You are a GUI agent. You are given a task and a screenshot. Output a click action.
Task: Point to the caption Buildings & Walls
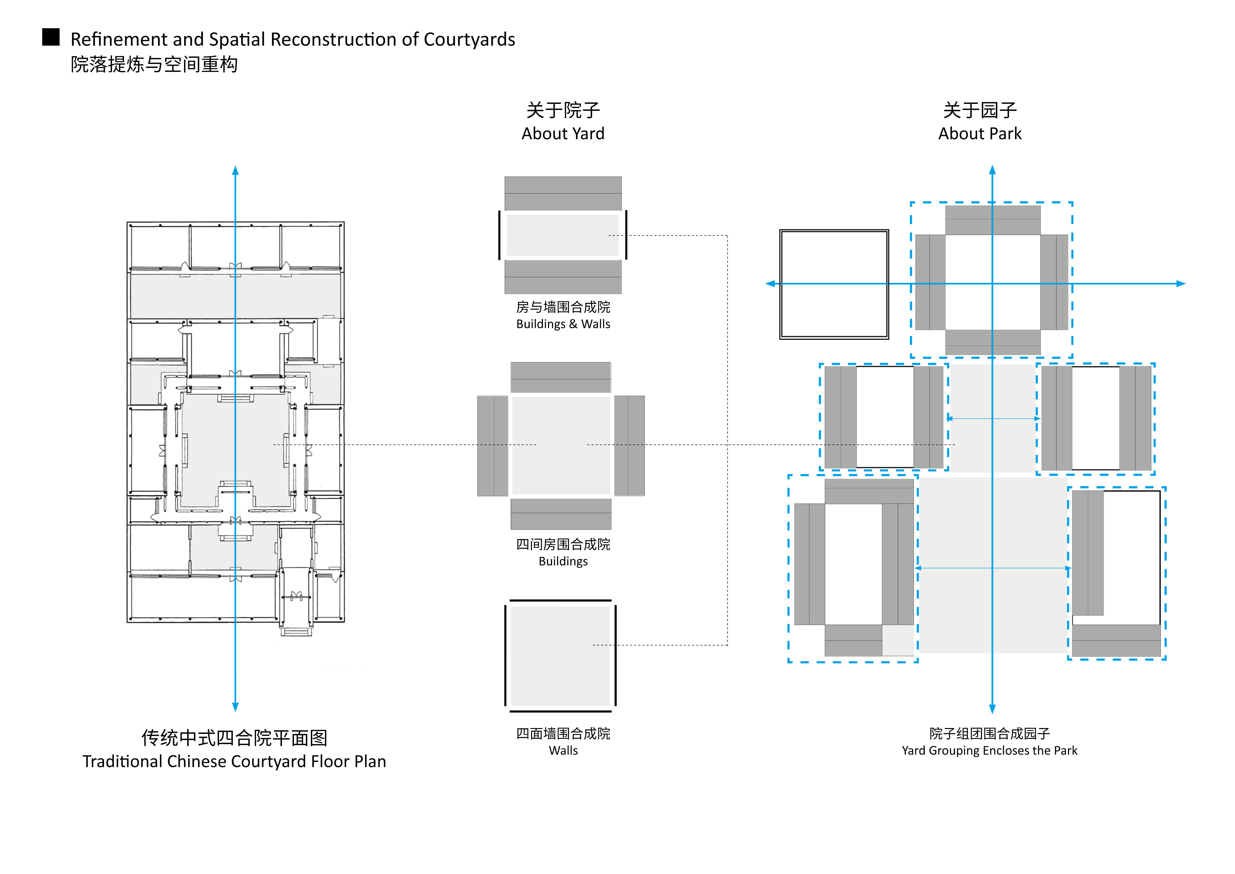(x=563, y=324)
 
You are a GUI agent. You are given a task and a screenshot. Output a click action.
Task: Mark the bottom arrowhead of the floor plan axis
(x=235, y=707)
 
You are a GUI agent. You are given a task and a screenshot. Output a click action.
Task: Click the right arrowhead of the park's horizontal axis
(x=1181, y=284)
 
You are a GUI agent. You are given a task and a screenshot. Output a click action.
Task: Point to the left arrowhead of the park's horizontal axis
(x=770, y=284)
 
